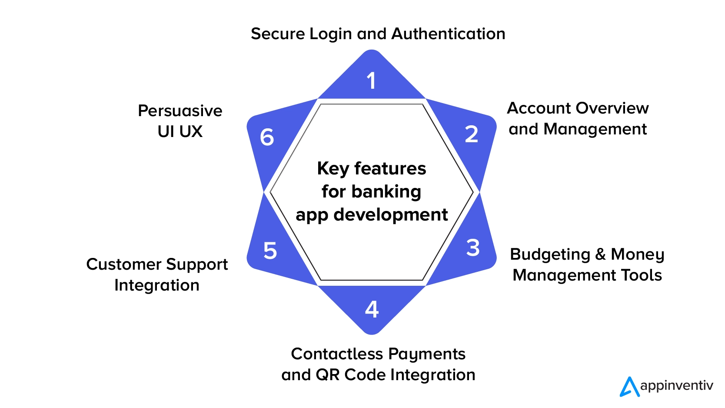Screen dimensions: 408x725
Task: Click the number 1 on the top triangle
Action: pos(371,81)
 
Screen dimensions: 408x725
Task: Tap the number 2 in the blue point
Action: pos(472,134)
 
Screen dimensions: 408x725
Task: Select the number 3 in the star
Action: pos(473,248)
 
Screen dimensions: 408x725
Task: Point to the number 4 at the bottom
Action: pos(372,310)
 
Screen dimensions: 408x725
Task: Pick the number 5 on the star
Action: pos(270,251)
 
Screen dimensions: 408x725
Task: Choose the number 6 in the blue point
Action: pos(267,137)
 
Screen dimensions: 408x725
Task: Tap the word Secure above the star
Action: pos(278,34)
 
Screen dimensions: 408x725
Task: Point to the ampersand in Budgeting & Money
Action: pos(600,254)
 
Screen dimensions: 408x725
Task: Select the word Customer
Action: pos(124,264)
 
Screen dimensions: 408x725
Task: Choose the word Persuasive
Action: pos(180,111)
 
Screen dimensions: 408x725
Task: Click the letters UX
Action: pos(191,132)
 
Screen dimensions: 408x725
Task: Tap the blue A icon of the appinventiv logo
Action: pos(629,386)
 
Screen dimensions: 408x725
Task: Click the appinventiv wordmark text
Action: pos(676,386)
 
